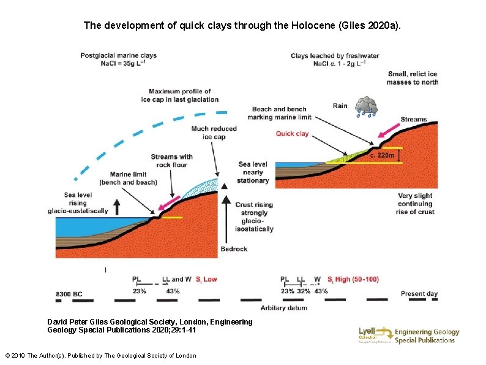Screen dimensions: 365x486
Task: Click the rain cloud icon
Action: pos(367,106)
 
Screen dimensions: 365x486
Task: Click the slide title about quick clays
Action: pos(242,26)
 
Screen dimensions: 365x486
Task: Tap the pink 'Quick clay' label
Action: pos(292,133)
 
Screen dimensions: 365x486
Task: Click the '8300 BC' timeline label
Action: pos(69,294)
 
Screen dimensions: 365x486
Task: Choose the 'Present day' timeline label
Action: pos(419,294)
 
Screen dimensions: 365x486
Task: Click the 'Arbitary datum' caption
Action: pos(283,307)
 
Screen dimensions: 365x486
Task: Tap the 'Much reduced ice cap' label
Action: pos(214,133)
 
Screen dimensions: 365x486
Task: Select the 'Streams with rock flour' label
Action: pos(171,161)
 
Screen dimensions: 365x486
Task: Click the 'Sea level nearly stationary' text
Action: pos(253,172)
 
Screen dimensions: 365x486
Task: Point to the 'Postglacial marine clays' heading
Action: pos(118,55)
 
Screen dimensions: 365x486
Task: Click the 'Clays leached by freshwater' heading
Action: pos(335,56)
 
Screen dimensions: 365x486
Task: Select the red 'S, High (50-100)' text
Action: pos(353,280)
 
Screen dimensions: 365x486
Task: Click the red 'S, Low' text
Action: pos(206,280)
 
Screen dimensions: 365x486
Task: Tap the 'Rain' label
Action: pos(340,106)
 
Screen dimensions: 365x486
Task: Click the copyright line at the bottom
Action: pos(100,356)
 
